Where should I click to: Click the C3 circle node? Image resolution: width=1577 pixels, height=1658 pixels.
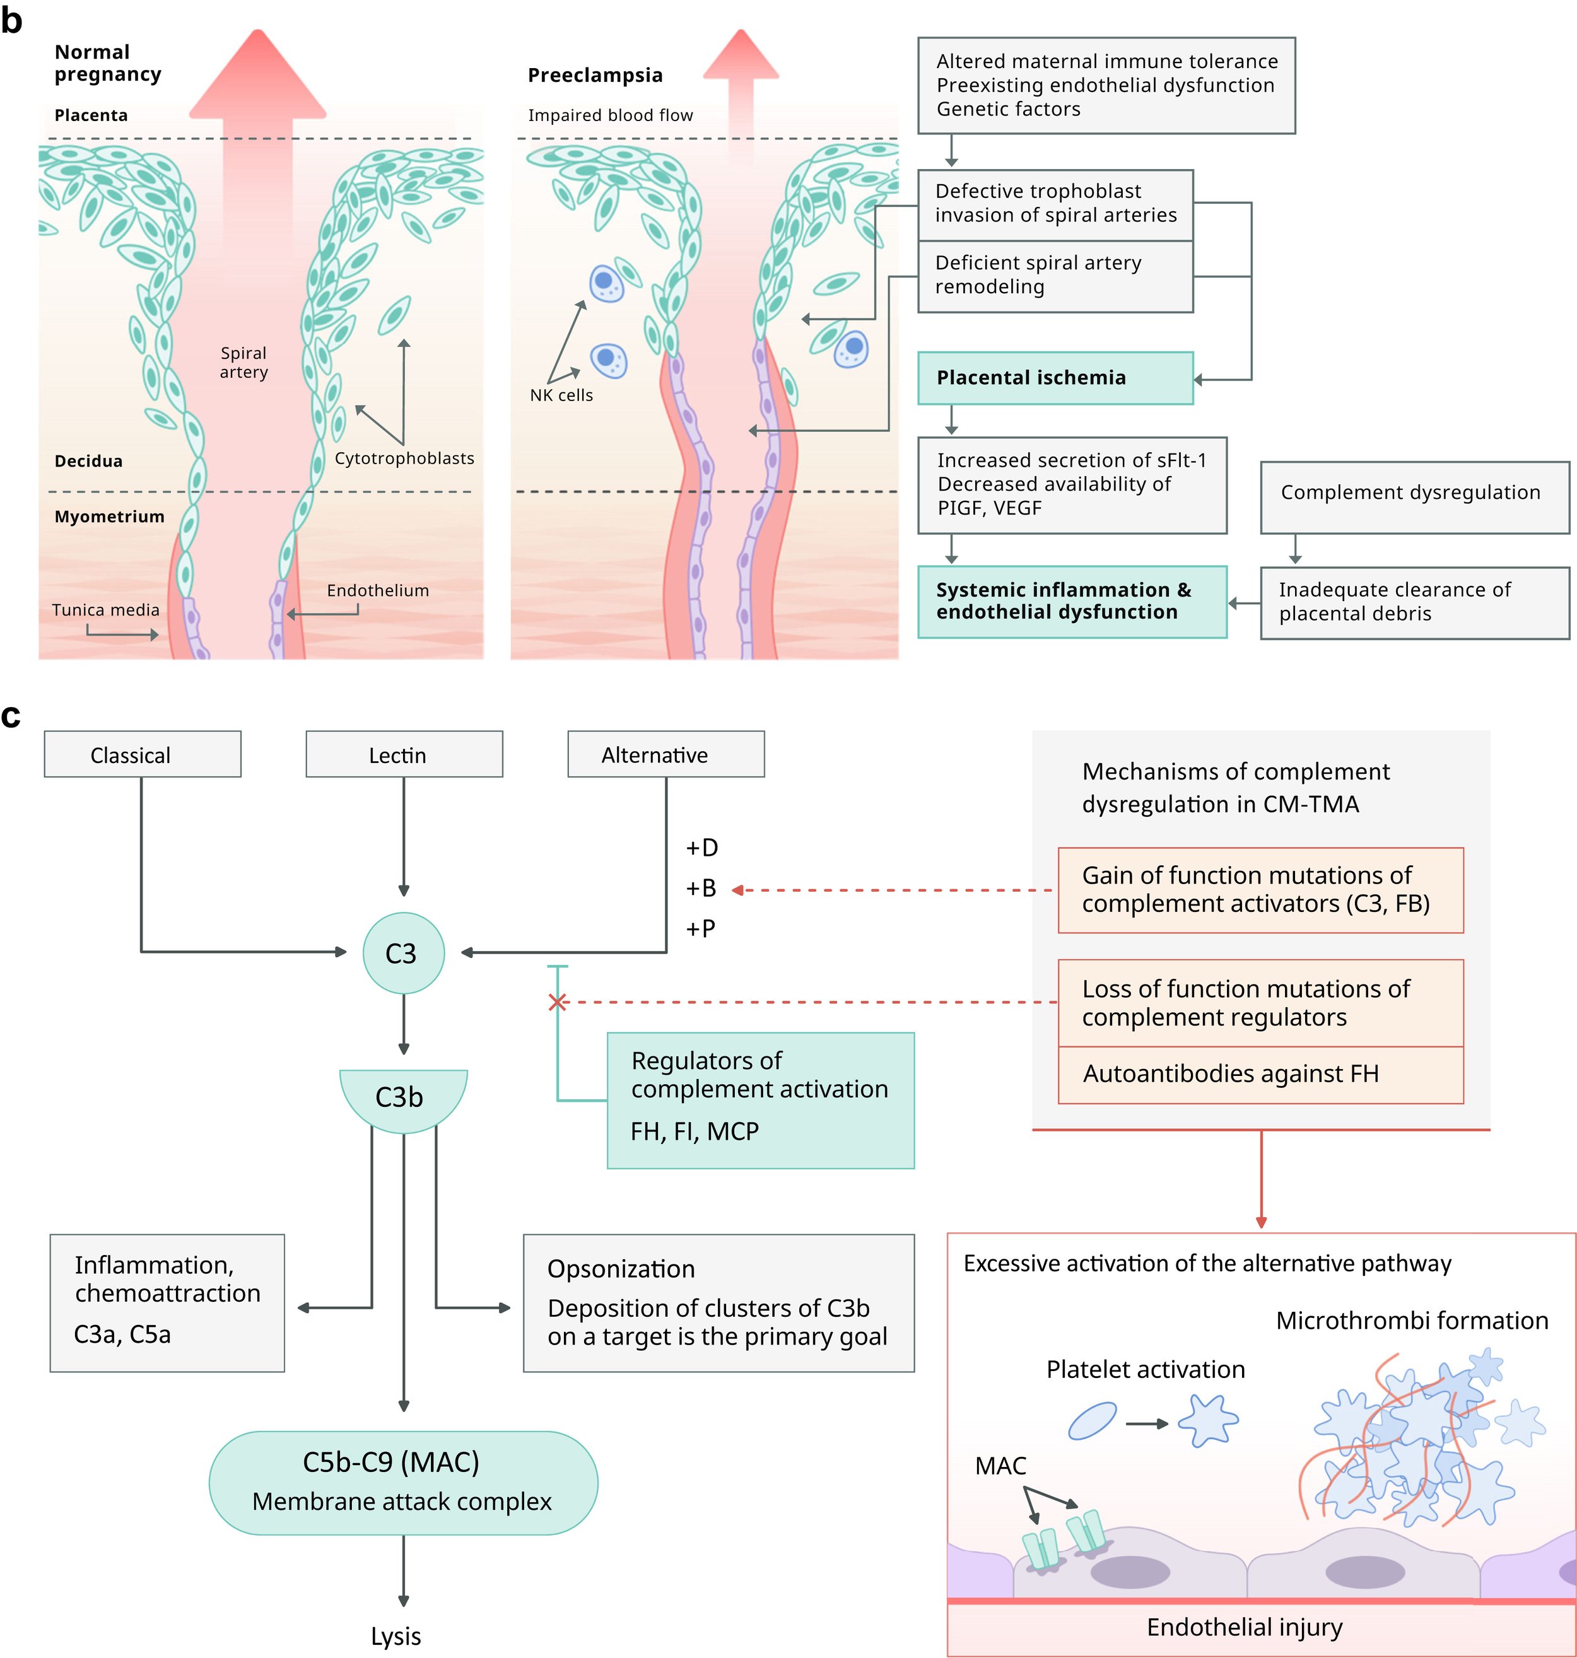click(x=404, y=953)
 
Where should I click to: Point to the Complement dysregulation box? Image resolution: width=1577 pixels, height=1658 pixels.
click(x=1415, y=497)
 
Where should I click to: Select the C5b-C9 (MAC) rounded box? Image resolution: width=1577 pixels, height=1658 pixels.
click(x=404, y=1483)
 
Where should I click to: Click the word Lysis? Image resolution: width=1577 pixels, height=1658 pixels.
click(x=396, y=1636)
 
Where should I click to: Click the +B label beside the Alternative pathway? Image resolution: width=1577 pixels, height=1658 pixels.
click(x=701, y=888)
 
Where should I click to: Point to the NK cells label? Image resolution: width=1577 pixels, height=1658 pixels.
click(x=561, y=395)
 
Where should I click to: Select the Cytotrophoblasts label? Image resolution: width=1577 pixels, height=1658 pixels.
click(x=404, y=458)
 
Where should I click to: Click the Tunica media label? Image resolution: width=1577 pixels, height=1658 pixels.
click(x=105, y=610)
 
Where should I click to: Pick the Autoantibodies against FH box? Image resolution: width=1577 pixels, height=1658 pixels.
click(x=1261, y=1075)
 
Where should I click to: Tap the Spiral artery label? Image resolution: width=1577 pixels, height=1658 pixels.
click(x=243, y=362)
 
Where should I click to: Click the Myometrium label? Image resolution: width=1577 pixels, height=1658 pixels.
click(x=109, y=516)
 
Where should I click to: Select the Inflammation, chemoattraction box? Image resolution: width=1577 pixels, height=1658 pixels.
click(x=167, y=1304)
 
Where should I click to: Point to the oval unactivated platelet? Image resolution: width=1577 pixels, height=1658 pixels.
click(x=1092, y=1421)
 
